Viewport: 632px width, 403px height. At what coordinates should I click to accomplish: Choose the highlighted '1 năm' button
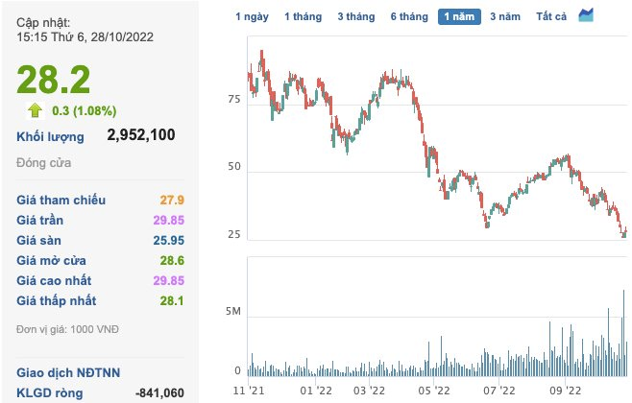pos(458,16)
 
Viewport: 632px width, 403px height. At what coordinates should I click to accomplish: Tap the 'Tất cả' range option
pos(551,16)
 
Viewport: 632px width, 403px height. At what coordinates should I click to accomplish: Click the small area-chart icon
pos(586,15)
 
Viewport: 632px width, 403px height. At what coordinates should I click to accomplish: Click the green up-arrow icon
pos(34,110)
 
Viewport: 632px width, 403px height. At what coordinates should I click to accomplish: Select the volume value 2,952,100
pos(141,135)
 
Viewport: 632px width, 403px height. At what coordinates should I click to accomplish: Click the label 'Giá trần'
pos(39,221)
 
